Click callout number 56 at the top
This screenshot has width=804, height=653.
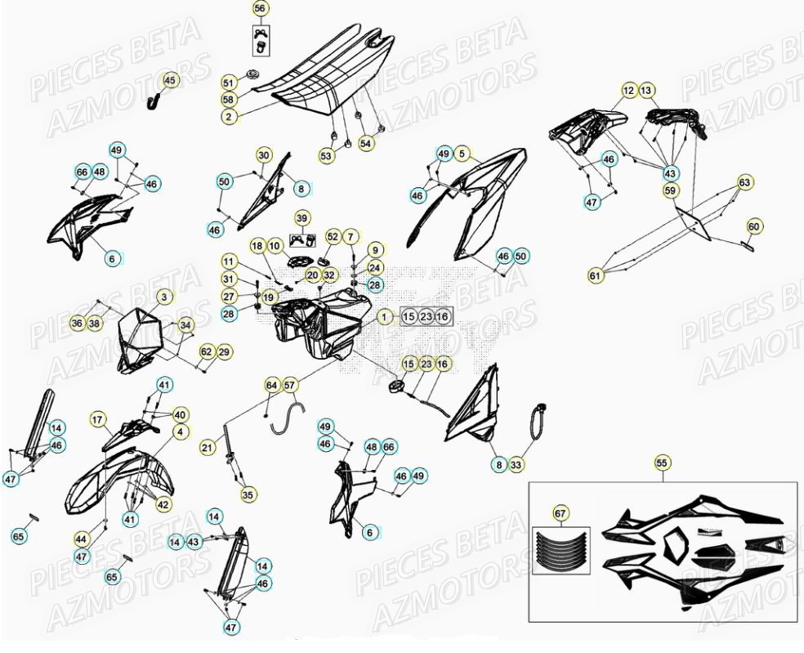point(260,9)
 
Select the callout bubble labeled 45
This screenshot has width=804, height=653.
point(170,80)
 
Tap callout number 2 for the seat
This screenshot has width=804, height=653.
point(229,117)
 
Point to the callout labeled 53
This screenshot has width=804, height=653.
point(326,155)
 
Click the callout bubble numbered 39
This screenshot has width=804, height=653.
point(301,218)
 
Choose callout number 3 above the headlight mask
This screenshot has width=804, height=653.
point(164,297)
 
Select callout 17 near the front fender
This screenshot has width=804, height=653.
point(98,420)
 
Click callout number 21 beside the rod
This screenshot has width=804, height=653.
point(208,447)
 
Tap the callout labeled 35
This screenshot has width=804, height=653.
point(248,494)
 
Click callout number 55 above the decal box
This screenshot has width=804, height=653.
point(662,463)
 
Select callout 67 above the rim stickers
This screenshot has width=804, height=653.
point(560,513)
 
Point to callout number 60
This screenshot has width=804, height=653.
point(753,226)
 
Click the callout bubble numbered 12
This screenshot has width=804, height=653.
point(628,90)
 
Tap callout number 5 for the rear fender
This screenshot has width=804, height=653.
point(462,153)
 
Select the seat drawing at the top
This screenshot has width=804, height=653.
point(327,74)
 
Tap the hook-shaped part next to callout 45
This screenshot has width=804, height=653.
point(152,100)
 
